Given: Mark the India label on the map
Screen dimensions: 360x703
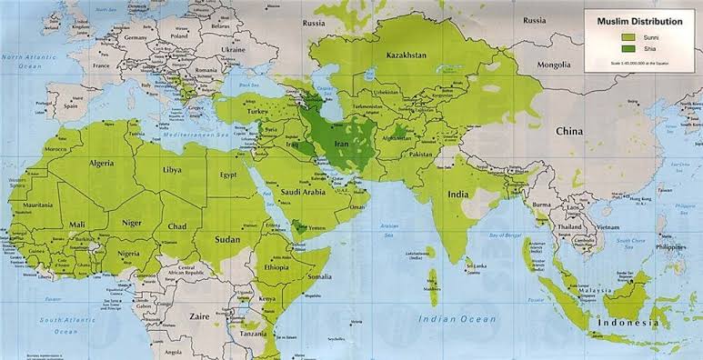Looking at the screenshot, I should (457, 194).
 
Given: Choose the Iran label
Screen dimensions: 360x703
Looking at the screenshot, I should (344, 145).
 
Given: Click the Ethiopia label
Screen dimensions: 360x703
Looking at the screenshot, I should (276, 268).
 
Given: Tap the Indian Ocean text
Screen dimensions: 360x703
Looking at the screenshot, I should (457, 319).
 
